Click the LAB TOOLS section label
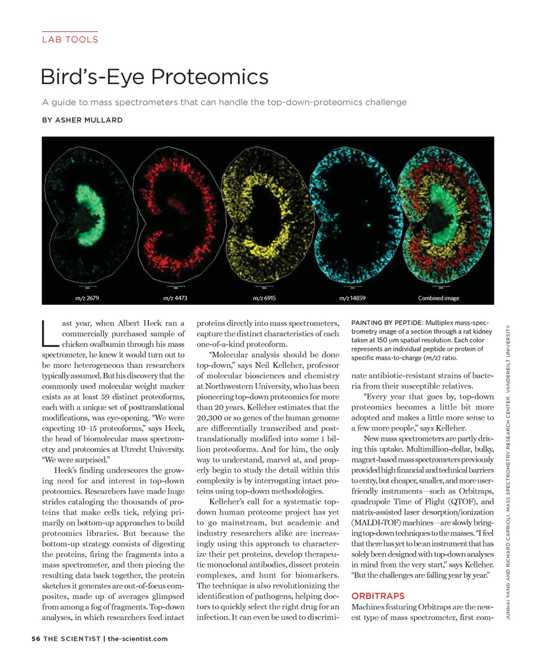pos(70,39)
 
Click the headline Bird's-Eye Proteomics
pos(155,76)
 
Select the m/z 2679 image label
pos(87,298)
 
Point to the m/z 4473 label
pos(175,298)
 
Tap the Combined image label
pos(438,298)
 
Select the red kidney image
pos(181,215)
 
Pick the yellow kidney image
pos(268,215)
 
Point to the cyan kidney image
pos(355,215)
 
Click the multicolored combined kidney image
pos(444,215)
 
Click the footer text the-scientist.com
pos(137,639)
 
